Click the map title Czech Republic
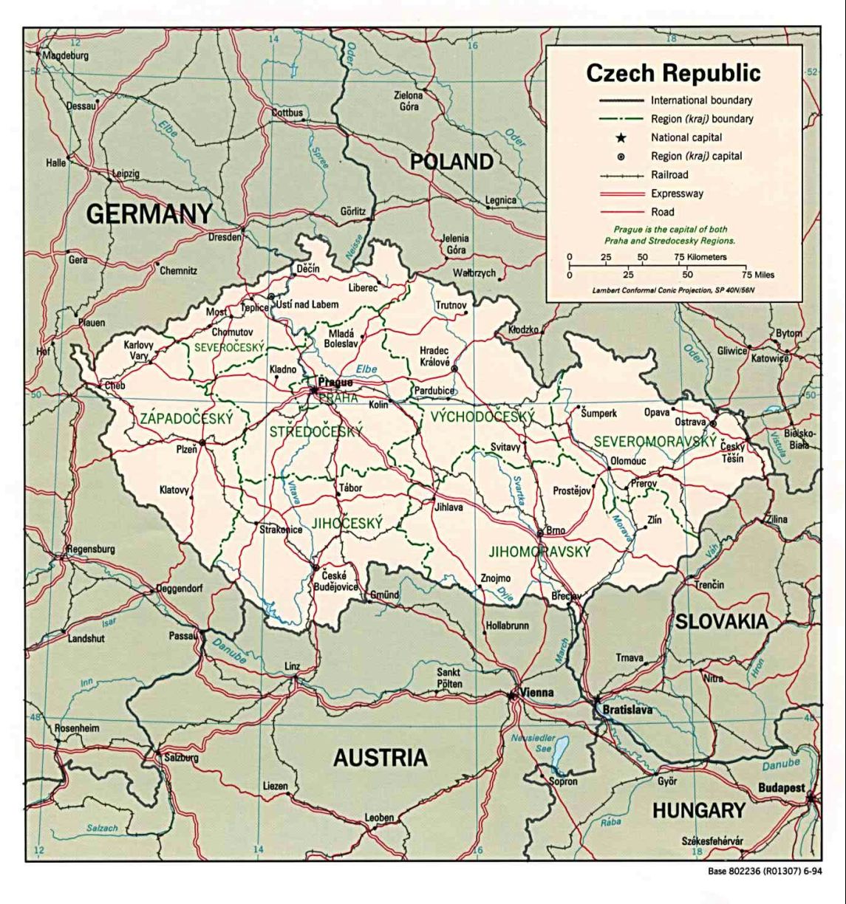[672, 72]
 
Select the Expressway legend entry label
[677, 194]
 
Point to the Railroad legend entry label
[669, 175]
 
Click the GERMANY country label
[149, 214]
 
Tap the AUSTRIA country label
[380, 757]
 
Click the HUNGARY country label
[698, 810]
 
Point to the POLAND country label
[451, 161]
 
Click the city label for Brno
[556, 530]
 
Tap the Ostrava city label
[690, 422]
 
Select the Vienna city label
[536, 693]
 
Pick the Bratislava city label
[627, 710]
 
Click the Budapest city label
[781, 788]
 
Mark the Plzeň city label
[186, 448]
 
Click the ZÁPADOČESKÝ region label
[186, 419]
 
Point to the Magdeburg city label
[65, 55]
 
